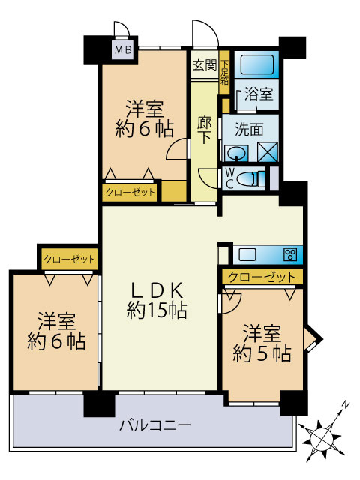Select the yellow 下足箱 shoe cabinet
point(223,73)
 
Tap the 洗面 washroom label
point(249,128)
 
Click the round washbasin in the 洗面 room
point(236,153)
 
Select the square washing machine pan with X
point(268,151)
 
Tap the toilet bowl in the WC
point(253,178)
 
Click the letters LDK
point(157,289)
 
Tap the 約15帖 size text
point(157,310)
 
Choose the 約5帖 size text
point(262,352)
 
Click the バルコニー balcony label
point(155,426)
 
